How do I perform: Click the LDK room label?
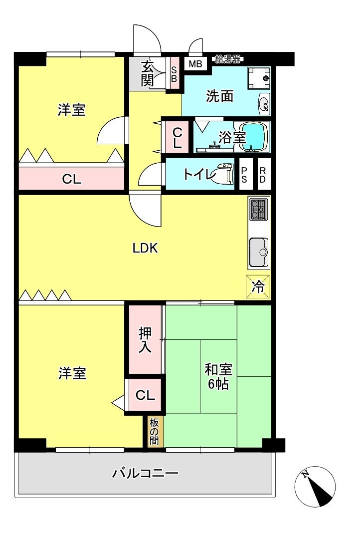[x=145, y=248]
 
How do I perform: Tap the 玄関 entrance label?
[x=147, y=73]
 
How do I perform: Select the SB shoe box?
[x=174, y=74]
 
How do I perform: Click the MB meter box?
[x=195, y=64]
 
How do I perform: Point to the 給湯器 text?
[x=227, y=59]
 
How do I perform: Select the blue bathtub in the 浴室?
[x=256, y=136]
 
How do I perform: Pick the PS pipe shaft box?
[x=244, y=175]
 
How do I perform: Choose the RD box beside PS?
[x=262, y=175]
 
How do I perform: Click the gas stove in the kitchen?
[x=258, y=209]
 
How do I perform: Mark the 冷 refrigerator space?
[x=258, y=286]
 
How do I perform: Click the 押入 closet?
[x=145, y=340]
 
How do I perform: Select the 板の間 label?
[x=154, y=431]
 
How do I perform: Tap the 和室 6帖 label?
[x=218, y=377]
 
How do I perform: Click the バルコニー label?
[x=145, y=473]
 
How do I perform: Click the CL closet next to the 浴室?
[x=177, y=138]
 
